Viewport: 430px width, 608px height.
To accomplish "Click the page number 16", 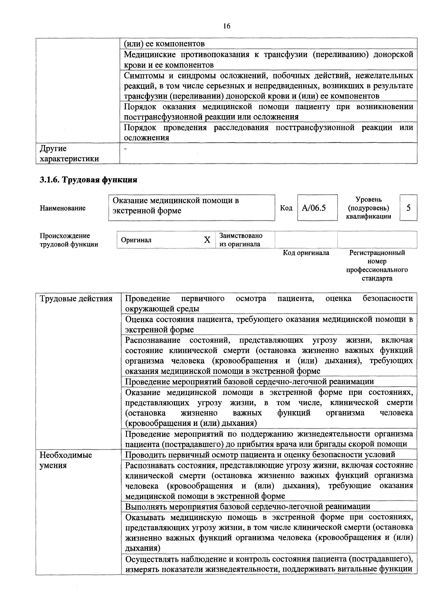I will coord(226,26).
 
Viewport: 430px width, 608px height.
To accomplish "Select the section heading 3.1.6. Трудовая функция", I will coord(88,180).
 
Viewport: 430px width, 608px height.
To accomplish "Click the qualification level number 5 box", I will coord(408,208).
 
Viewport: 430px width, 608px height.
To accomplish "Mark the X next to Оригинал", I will coord(207,240).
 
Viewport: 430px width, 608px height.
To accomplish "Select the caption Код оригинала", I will coord(306,253).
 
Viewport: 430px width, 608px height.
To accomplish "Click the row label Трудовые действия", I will coord(76,299).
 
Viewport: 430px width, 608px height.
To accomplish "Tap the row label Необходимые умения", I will coord(66,460).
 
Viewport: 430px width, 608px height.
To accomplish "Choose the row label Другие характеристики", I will coord(69,154).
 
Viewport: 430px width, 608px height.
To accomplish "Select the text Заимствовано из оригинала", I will coord(241,240).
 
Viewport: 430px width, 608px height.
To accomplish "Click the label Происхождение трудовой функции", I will coord(69,240).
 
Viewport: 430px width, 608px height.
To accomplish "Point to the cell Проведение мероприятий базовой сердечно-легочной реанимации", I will coord(249,382).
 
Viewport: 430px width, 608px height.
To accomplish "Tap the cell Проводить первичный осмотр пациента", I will coord(260,455).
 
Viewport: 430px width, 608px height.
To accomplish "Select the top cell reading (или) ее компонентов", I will coord(164,44).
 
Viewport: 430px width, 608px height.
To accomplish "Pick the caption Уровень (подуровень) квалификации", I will coord(368,208).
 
